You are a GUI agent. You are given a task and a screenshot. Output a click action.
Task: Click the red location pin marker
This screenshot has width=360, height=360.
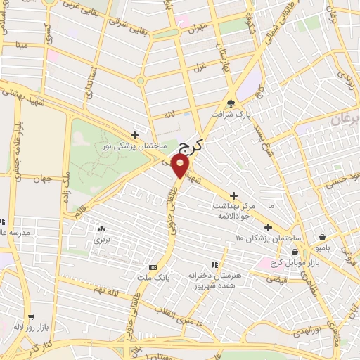tap(181, 166)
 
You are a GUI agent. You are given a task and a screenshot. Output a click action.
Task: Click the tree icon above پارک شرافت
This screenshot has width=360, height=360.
tap(231, 103)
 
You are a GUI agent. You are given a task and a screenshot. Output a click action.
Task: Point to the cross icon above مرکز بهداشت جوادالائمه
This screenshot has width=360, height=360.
tap(234, 195)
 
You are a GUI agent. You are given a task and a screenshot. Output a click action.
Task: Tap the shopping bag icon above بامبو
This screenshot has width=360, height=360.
tap(322, 237)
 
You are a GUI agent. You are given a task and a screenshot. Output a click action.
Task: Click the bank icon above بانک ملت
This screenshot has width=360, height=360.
tap(153, 268)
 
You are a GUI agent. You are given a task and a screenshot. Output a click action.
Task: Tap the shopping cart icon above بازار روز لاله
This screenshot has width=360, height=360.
tap(30, 316)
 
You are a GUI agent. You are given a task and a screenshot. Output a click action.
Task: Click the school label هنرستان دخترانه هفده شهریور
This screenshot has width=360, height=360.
tap(215, 280)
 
